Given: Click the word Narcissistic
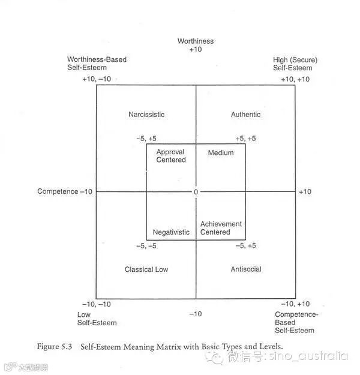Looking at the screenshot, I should (x=146, y=115).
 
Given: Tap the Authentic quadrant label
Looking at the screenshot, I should (x=245, y=115).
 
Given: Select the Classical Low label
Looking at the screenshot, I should (x=146, y=269).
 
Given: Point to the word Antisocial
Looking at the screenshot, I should (x=245, y=269).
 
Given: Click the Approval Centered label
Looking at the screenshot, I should (x=171, y=156).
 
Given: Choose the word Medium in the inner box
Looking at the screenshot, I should (x=221, y=153).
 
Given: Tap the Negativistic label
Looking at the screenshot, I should (x=171, y=232).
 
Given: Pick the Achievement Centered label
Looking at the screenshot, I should (x=221, y=228).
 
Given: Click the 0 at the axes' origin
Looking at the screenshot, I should (x=196, y=192).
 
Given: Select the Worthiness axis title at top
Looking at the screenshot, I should (x=196, y=41).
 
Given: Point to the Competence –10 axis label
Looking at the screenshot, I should (x=65, y=191).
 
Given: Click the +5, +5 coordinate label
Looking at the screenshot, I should (x=245, y=139).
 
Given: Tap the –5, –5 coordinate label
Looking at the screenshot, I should (x=146, y=246).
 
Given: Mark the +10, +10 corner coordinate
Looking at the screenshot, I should (x=295, y=79).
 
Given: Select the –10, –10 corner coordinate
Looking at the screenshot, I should (x=97, y=304).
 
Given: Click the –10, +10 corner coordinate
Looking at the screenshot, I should (x=295, y=304).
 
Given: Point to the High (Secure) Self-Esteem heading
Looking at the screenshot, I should (x=295, y=64).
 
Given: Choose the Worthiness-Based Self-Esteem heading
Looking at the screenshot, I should (x=97, y=64).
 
